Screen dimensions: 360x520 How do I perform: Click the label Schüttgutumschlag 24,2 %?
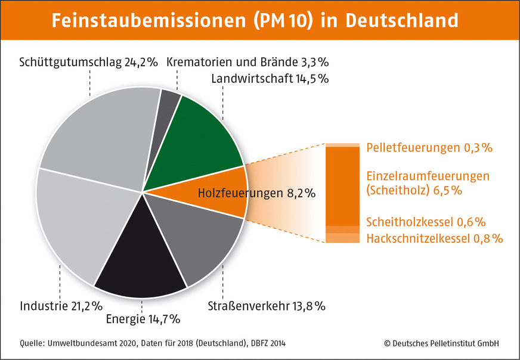pos(88,62)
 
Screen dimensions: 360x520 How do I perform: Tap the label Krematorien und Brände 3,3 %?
pos(247,62)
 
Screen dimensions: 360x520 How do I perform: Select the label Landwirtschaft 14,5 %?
pos(270,78)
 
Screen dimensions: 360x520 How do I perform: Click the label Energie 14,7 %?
pos(143,319)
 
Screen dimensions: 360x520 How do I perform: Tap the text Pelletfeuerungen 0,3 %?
pos(429,147)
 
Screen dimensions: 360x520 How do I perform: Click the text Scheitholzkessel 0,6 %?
pos(426,222)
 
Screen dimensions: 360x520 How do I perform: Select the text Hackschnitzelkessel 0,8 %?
pos(435,238)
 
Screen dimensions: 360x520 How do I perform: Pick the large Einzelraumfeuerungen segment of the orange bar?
pos(342,185)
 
